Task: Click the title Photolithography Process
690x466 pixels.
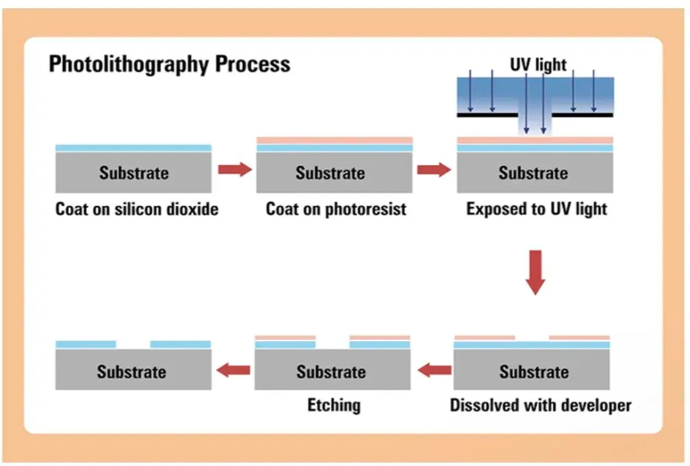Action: pos(170,64)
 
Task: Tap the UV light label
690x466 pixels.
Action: pos(538,65)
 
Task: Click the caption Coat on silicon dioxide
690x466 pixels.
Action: pos(137,209)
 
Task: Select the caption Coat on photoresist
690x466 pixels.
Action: pos(335,209)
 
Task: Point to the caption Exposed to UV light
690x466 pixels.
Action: pos(537,209)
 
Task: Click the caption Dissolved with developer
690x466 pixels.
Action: pos(540,405)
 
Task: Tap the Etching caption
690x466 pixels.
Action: pos(334,405)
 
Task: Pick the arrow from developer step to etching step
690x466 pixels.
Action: pos(435,371)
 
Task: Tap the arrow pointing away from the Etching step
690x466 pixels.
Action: pos(233,371)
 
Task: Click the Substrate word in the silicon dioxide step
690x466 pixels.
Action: pos(133,172)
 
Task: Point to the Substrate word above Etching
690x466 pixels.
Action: pos(331,372)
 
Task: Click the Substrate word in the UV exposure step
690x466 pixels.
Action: pos(533,172)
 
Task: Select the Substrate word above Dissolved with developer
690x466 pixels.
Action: pos(534,372)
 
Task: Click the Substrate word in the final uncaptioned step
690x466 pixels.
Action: pos(131,372)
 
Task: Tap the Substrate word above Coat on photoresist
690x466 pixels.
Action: pos(330,172)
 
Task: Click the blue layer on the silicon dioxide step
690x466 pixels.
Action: pos(133,147)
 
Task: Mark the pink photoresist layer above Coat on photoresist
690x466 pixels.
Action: pos(334,140)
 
